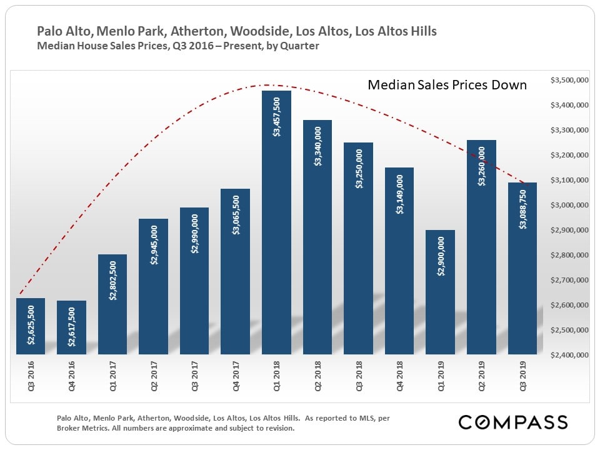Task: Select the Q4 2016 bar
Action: (71, 327)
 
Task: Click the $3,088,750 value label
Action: (522, 208)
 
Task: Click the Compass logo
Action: (513, 422)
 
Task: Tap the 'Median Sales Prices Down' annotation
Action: (447, 85)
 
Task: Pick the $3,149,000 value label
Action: (399, 194)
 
